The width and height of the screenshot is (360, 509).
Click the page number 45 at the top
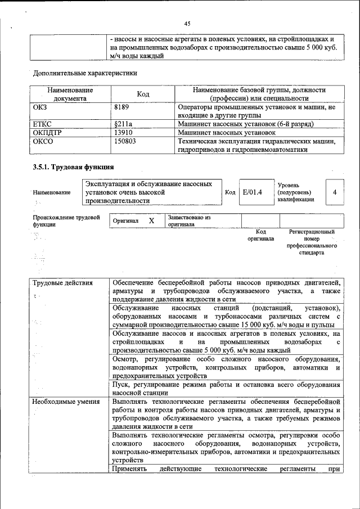tap(187, 23)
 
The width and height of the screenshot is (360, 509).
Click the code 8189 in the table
tap(123, 106)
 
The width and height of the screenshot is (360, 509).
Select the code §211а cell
tap(123, 123)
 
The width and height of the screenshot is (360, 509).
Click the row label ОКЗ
tap(40, 106)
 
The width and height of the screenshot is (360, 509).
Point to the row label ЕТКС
tap(43, 123)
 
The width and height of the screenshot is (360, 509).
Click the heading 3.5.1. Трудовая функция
tap(74, 167)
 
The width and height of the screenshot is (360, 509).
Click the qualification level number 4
tap(335, 192)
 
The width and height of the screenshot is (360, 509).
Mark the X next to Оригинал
tap(151, 221)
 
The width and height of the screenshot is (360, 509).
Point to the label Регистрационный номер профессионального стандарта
tap(311, 242)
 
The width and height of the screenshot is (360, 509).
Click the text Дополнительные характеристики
tap(85, 73)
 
